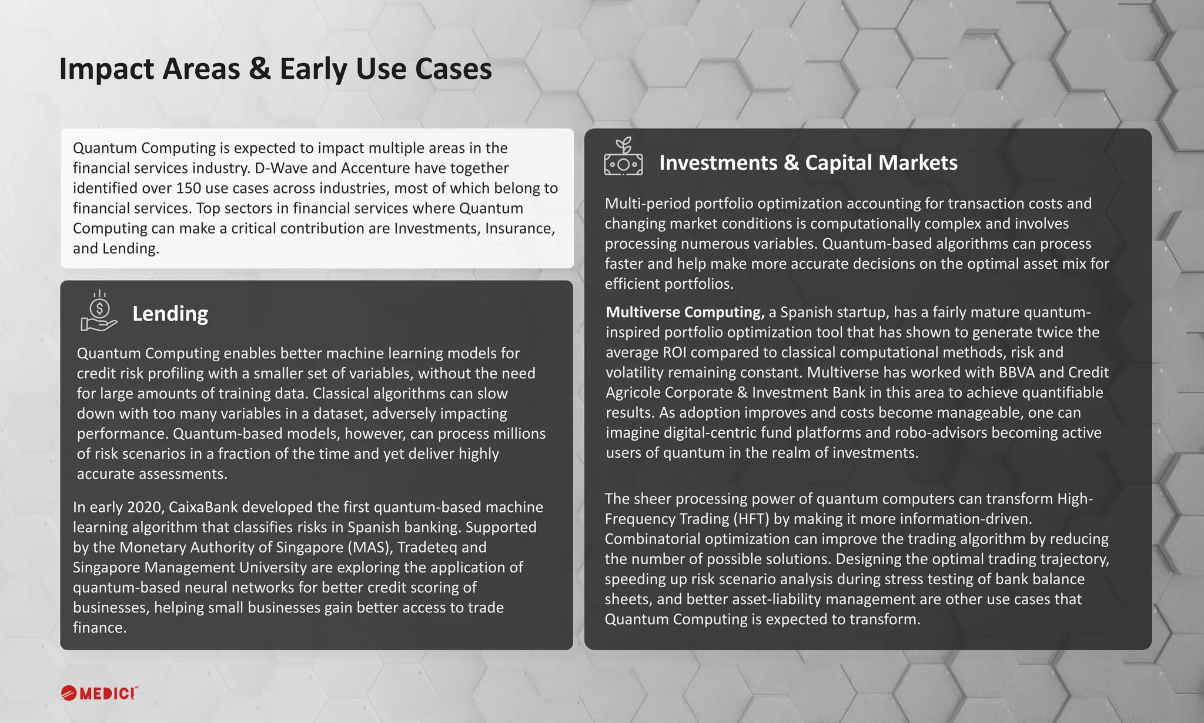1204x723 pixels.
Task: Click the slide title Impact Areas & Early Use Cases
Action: pos(275,69)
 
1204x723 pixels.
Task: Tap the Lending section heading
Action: pos(170,314)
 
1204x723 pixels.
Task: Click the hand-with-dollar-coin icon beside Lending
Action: pos(99,311)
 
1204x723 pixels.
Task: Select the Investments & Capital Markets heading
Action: pos(808,163)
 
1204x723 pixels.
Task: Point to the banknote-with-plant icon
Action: pos(623,157)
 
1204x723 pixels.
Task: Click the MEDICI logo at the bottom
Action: pos(99,693)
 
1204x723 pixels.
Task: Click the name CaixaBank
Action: pos(198,507)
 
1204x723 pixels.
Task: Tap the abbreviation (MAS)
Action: pos(370,547)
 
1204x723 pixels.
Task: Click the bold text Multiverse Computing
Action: pos(685,312)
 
